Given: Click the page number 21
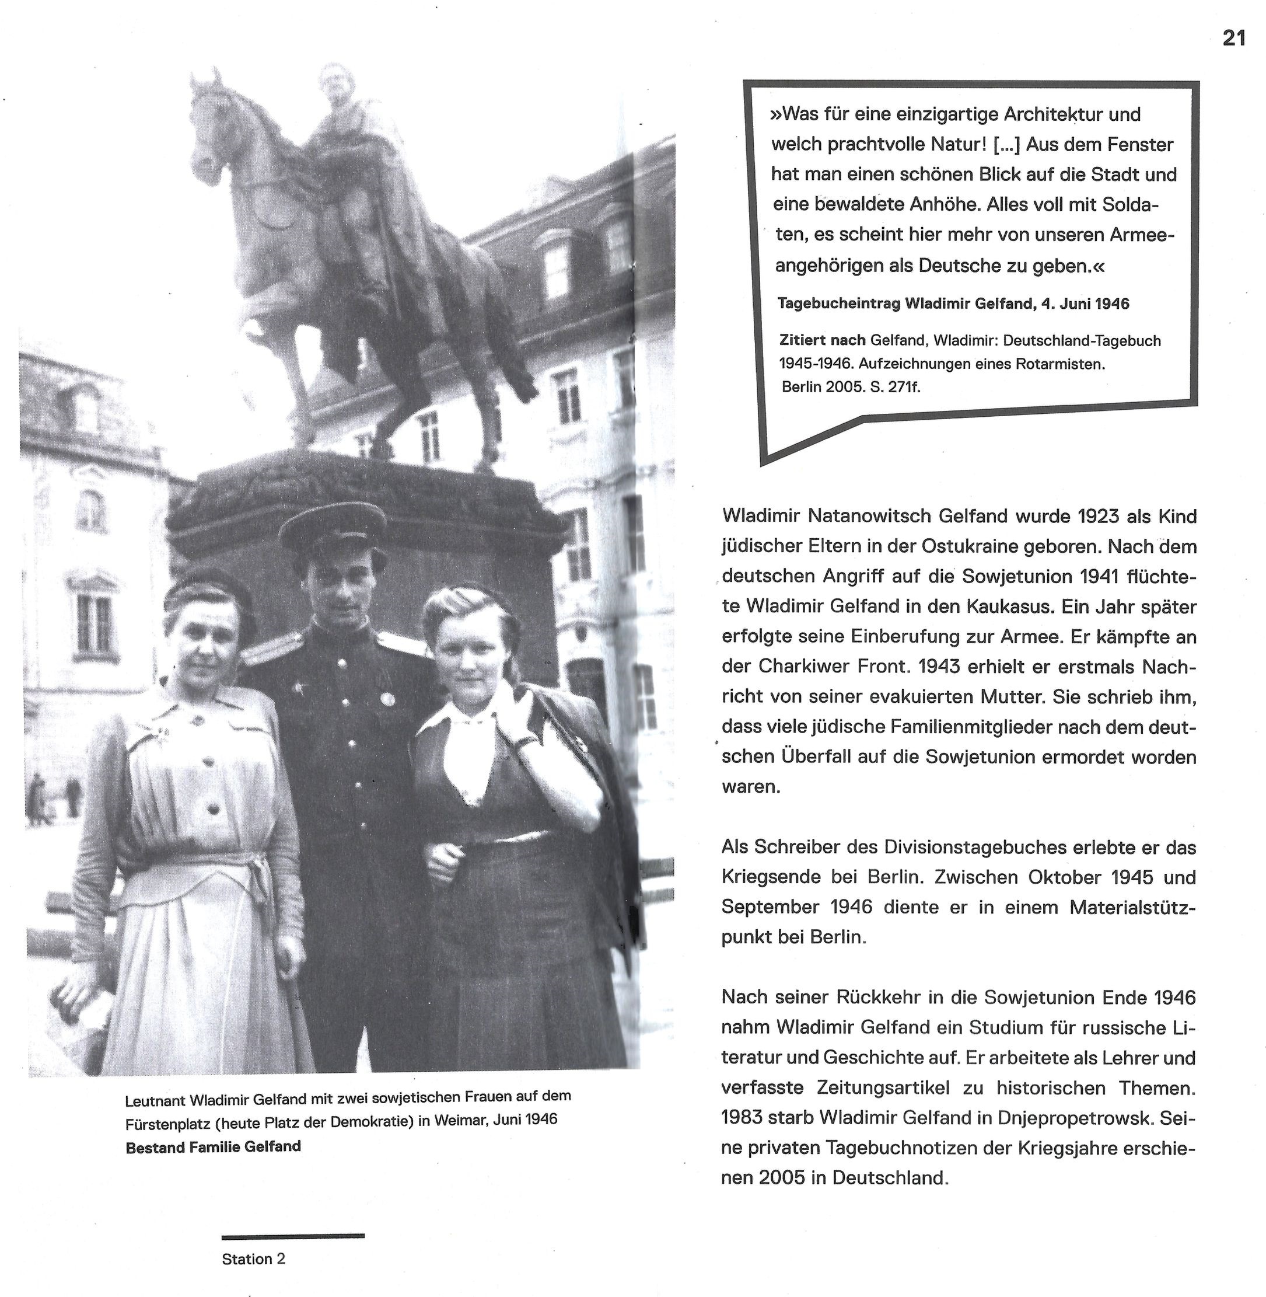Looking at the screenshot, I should (1234, 39).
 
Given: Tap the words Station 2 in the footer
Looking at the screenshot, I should (253, 1258).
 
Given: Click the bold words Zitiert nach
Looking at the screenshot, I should (822, 340).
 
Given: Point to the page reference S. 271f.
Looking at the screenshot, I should (895, 386).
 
